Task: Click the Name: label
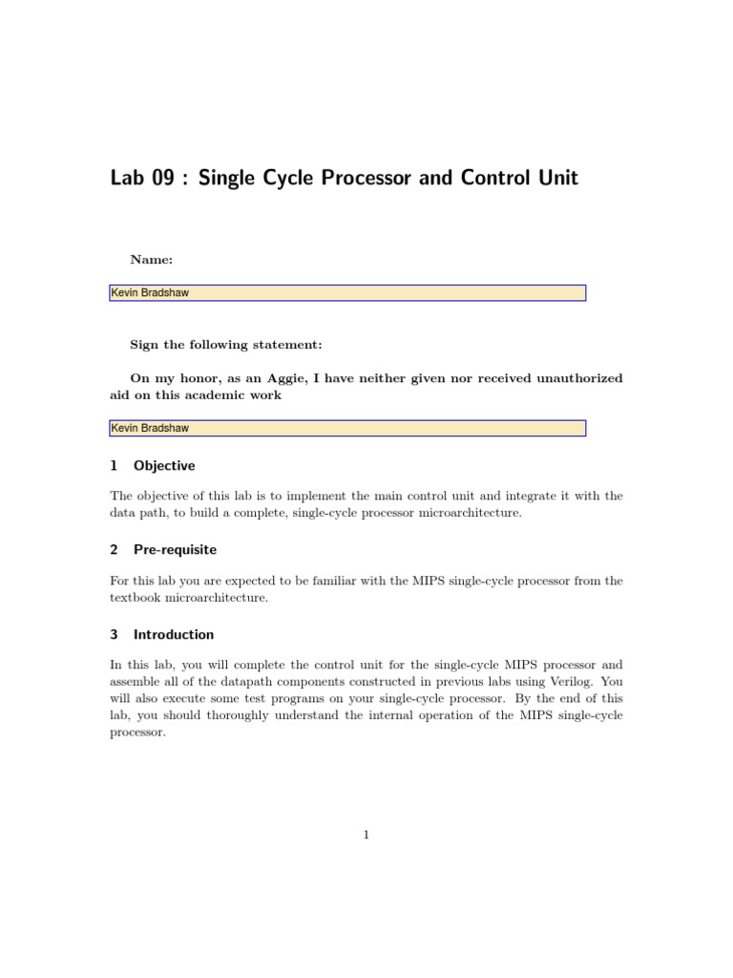pos(152,259)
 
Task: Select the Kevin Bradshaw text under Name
pos(150,293)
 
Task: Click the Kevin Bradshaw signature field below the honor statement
pos(347,428)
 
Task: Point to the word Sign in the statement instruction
pos(146,345)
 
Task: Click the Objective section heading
pos(164,466)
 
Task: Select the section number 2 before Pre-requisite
pos(115,550)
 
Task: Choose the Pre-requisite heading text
pos(176,550)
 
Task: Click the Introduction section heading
pos(174,634)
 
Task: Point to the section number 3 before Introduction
pos(115,634)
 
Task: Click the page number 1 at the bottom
pos(366,835)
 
